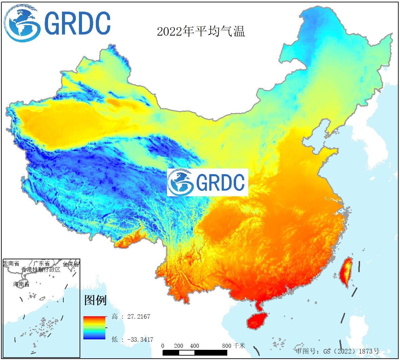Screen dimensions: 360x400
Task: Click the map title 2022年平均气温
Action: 201,32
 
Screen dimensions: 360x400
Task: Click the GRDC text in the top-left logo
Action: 77,23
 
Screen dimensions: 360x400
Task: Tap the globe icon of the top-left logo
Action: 22,23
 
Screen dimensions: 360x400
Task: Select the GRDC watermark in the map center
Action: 207,182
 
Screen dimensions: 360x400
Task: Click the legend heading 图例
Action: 95,300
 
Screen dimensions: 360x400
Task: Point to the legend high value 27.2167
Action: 139,317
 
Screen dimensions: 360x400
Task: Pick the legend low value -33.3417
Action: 140,339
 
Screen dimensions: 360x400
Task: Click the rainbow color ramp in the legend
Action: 94,328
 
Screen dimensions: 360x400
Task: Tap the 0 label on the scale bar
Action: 163,346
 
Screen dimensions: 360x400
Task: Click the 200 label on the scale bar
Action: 178,346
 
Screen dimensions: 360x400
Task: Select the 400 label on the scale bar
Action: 194,346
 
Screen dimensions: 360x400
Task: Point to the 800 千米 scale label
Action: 233,346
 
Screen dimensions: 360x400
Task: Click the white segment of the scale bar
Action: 187,353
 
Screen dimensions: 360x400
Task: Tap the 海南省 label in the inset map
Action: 21,284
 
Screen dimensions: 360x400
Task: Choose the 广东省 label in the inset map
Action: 41,264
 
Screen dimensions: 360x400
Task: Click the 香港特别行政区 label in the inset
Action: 41,269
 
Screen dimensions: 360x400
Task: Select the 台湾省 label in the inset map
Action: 71,264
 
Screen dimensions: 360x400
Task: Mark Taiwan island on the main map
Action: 346,272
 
